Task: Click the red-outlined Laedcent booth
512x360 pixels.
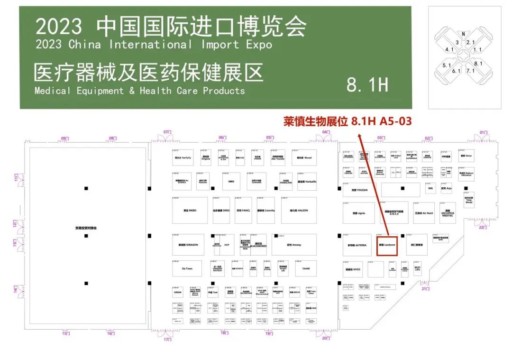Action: [x=386, y=245]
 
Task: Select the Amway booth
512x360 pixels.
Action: [x=294, y=245]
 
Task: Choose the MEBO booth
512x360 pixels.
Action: [x=189, y=210]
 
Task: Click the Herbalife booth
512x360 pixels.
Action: [x=307, y=182]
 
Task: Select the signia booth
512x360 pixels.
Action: [x=359, y=213]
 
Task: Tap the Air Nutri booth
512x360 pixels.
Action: [x=423, y=213]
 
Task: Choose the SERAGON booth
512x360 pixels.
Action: [x=188, y=245]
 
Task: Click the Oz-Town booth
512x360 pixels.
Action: [x=187, y=268]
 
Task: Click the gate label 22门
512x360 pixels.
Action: [x=483, y=228]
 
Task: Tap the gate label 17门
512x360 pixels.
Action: [x=167, y=339]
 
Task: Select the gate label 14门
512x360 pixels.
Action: [x=15, y=288]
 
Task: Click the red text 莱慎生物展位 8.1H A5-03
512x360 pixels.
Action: [x=347, y=121]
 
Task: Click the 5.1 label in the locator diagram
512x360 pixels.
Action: [x=447, y=65]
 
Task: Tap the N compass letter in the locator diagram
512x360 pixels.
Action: [x=463, y=34]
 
